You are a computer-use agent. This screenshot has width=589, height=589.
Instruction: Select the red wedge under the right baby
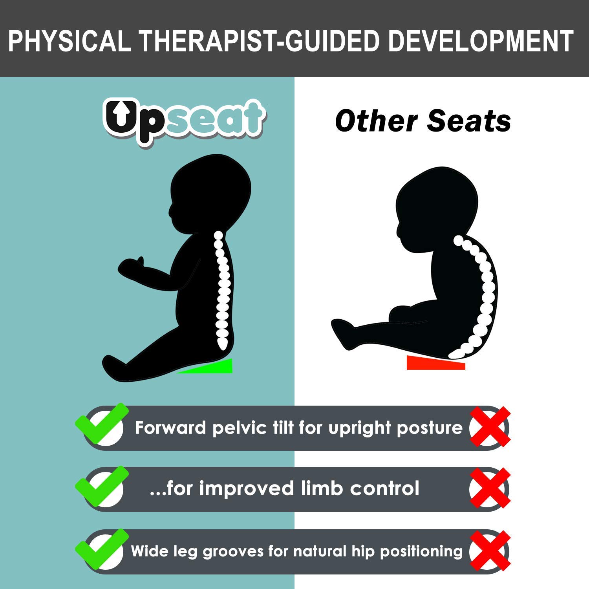(x=432, y=363)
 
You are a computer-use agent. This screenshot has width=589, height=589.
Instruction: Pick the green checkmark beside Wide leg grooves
(x=103, y=548)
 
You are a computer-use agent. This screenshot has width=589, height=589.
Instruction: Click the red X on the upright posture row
(x=490, y=427)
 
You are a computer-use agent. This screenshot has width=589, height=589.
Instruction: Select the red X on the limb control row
(x=490, y=488)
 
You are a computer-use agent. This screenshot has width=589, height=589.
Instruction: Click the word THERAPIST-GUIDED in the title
(x=259, y=41)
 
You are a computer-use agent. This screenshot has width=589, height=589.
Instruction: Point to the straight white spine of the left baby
(x=223, y=291)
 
